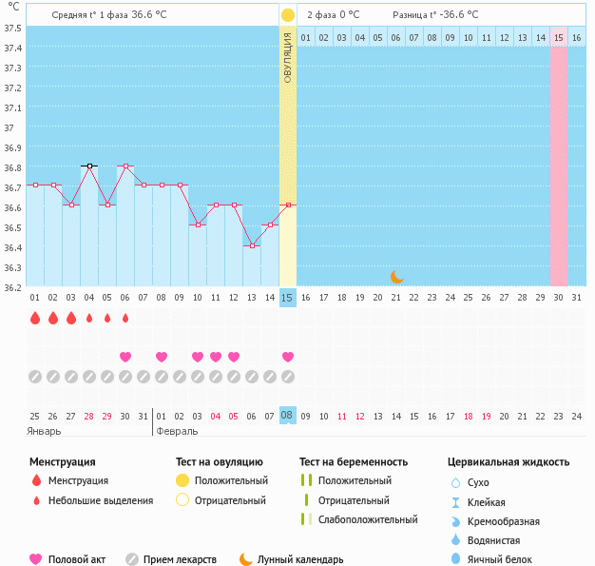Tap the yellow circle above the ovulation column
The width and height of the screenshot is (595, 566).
[x=287, y=15]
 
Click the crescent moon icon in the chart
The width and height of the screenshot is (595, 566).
[x=397, y=277]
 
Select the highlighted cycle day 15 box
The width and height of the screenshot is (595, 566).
[x=287, y=298]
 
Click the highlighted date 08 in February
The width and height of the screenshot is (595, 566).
[x=287, y=416]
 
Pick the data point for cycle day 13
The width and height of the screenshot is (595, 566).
[x=252, y=245]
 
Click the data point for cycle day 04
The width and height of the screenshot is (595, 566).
[x=89, y=166]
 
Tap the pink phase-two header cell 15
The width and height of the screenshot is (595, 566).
[x=559, y=37]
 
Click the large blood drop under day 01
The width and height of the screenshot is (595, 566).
[x=35, y=318]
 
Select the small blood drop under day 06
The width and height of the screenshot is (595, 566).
[x=125, y=318]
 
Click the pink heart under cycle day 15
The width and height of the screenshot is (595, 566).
[x=288, y=357]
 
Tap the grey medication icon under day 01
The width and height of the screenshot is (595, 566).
[x=35, y=377]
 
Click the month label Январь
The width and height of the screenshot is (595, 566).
[x=45, y=431]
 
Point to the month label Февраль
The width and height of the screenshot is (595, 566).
[x=177, y=431]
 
